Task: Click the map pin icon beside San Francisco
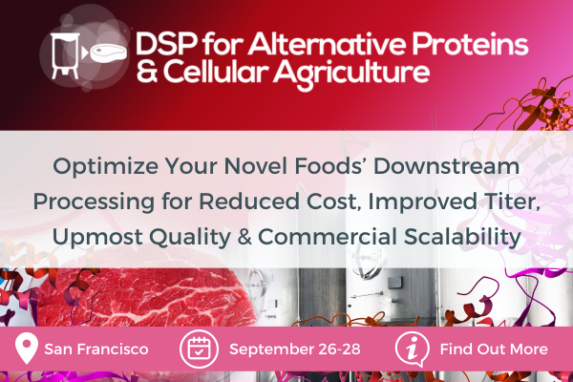coord(27,350)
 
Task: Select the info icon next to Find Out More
coord(411,350)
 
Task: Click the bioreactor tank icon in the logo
coord(64,56)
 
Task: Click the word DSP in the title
coord(164,44)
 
